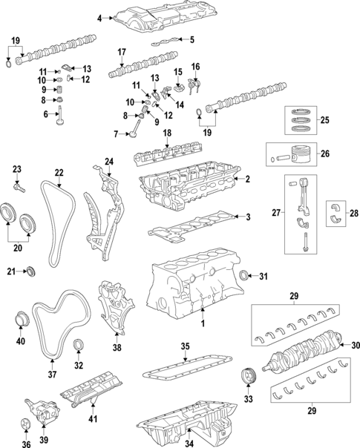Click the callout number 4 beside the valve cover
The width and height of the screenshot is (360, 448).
click(99, 14)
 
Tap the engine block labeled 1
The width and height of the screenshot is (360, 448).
click(189, 289)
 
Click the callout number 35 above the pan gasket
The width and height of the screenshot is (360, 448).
click(185, 346)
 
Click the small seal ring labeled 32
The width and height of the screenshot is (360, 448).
click(80, 346)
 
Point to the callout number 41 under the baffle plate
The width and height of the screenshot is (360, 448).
click(93, 419)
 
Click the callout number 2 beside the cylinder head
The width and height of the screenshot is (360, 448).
click(248, 179)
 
